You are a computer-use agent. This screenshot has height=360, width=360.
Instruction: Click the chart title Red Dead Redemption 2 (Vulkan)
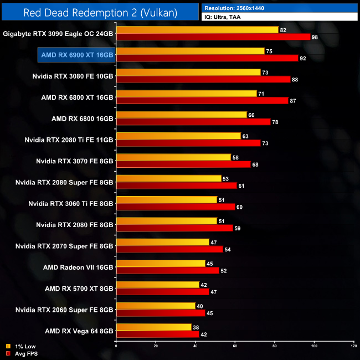pos(100,12)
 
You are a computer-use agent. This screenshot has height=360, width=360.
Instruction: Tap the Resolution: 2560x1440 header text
pos(238,8)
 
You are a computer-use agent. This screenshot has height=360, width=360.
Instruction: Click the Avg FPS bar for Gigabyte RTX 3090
pos(213,37)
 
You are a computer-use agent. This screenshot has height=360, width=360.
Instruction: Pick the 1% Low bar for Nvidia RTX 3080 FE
pos(188,72)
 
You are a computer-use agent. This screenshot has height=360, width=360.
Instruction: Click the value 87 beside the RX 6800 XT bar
pos(292,100)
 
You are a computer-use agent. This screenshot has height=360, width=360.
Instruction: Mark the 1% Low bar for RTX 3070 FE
pos(173,157)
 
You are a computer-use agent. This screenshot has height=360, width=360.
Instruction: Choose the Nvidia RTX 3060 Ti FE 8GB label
pos(71,203)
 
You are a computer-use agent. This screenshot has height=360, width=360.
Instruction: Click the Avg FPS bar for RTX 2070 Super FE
pos(169,249)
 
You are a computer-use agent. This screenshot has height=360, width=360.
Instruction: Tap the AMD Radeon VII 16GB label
pos(78,267)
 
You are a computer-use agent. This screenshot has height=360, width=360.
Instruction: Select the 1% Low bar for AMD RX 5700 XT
pos(157,285)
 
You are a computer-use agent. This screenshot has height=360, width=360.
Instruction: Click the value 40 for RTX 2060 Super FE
pos(199,306)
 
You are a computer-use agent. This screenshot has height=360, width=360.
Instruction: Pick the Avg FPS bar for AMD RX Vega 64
pos(157,334)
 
